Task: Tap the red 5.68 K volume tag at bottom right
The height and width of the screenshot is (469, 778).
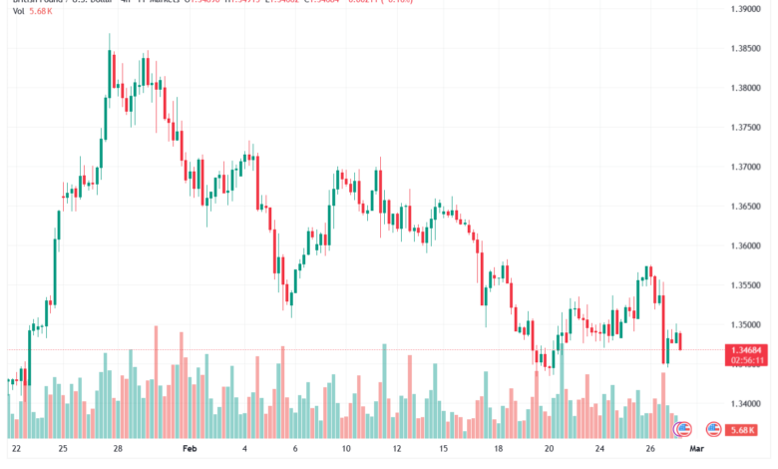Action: (x=741, y=430)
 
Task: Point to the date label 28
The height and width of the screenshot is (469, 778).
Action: (x=117, y=450)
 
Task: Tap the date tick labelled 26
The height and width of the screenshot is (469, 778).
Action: (x=649, y=450)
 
